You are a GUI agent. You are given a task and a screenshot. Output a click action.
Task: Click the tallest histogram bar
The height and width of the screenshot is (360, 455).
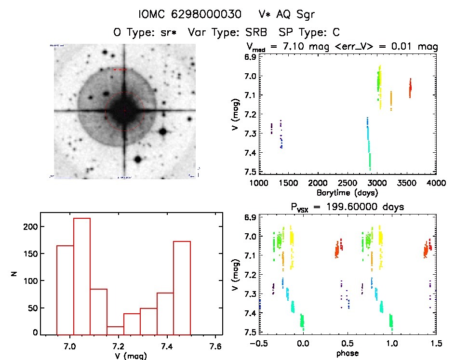pos(82,275)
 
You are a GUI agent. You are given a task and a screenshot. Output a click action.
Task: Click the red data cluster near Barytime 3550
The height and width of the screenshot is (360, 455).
pos(410,88)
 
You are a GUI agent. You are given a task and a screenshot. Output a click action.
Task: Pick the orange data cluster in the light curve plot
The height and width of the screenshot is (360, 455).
pos(391,100)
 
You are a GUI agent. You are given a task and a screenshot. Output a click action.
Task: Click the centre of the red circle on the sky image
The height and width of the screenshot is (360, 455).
pos(124,111)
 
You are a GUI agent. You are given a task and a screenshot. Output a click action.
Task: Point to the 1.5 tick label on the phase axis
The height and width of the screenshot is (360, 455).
pos(436,344)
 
